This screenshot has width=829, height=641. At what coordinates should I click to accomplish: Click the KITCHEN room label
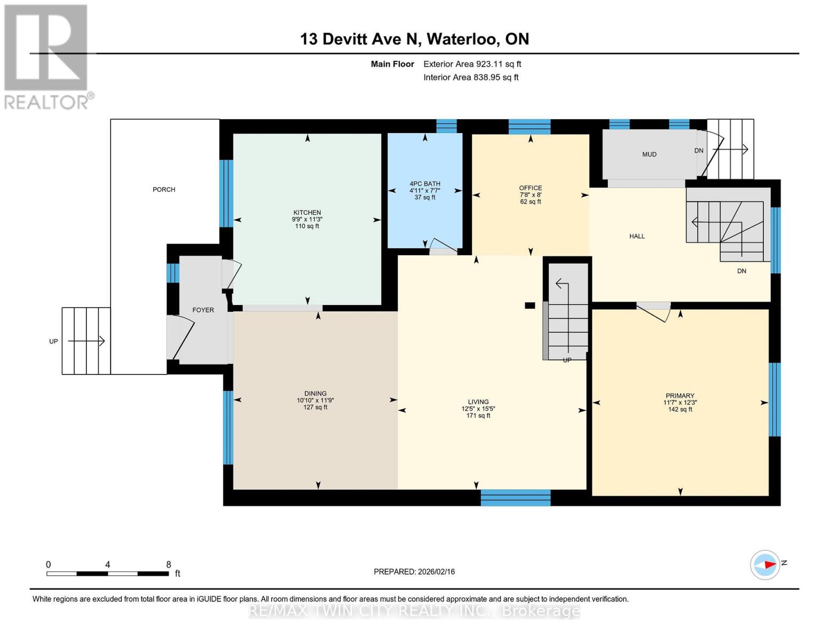(x=307, y=213)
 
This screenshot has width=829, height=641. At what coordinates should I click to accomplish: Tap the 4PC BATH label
(x=425, y=184)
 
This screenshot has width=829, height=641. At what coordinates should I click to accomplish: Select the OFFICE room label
(x=530, y=188)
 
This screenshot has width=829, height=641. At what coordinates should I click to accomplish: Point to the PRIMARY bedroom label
(x=680, y=396)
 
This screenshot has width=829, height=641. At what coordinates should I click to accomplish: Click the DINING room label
(x=315, y=394)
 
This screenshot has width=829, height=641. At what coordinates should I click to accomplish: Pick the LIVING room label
(x=478, y=402)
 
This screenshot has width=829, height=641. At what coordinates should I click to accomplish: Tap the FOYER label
(x=203, y=310)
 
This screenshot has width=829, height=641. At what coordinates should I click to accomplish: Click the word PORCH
(x=164, y=190)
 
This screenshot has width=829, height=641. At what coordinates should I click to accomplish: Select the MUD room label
(x=649, y=154)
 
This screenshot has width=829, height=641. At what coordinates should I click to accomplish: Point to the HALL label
(x=637, y=236)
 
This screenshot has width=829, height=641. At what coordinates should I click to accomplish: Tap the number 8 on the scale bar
(x=169, y=565)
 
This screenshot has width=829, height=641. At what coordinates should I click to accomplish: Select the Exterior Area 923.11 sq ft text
(x=472, y=64)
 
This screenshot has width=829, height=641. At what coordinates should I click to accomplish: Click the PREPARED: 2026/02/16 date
(x=414, y=572)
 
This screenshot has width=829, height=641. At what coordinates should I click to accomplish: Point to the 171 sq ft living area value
(x=478, y=416)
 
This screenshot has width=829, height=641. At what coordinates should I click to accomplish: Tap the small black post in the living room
(x=530, y=305)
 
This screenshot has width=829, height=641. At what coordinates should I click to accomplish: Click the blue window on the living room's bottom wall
(x=516, y=498)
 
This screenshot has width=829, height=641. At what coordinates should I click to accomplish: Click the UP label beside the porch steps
(x=53, y=341)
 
